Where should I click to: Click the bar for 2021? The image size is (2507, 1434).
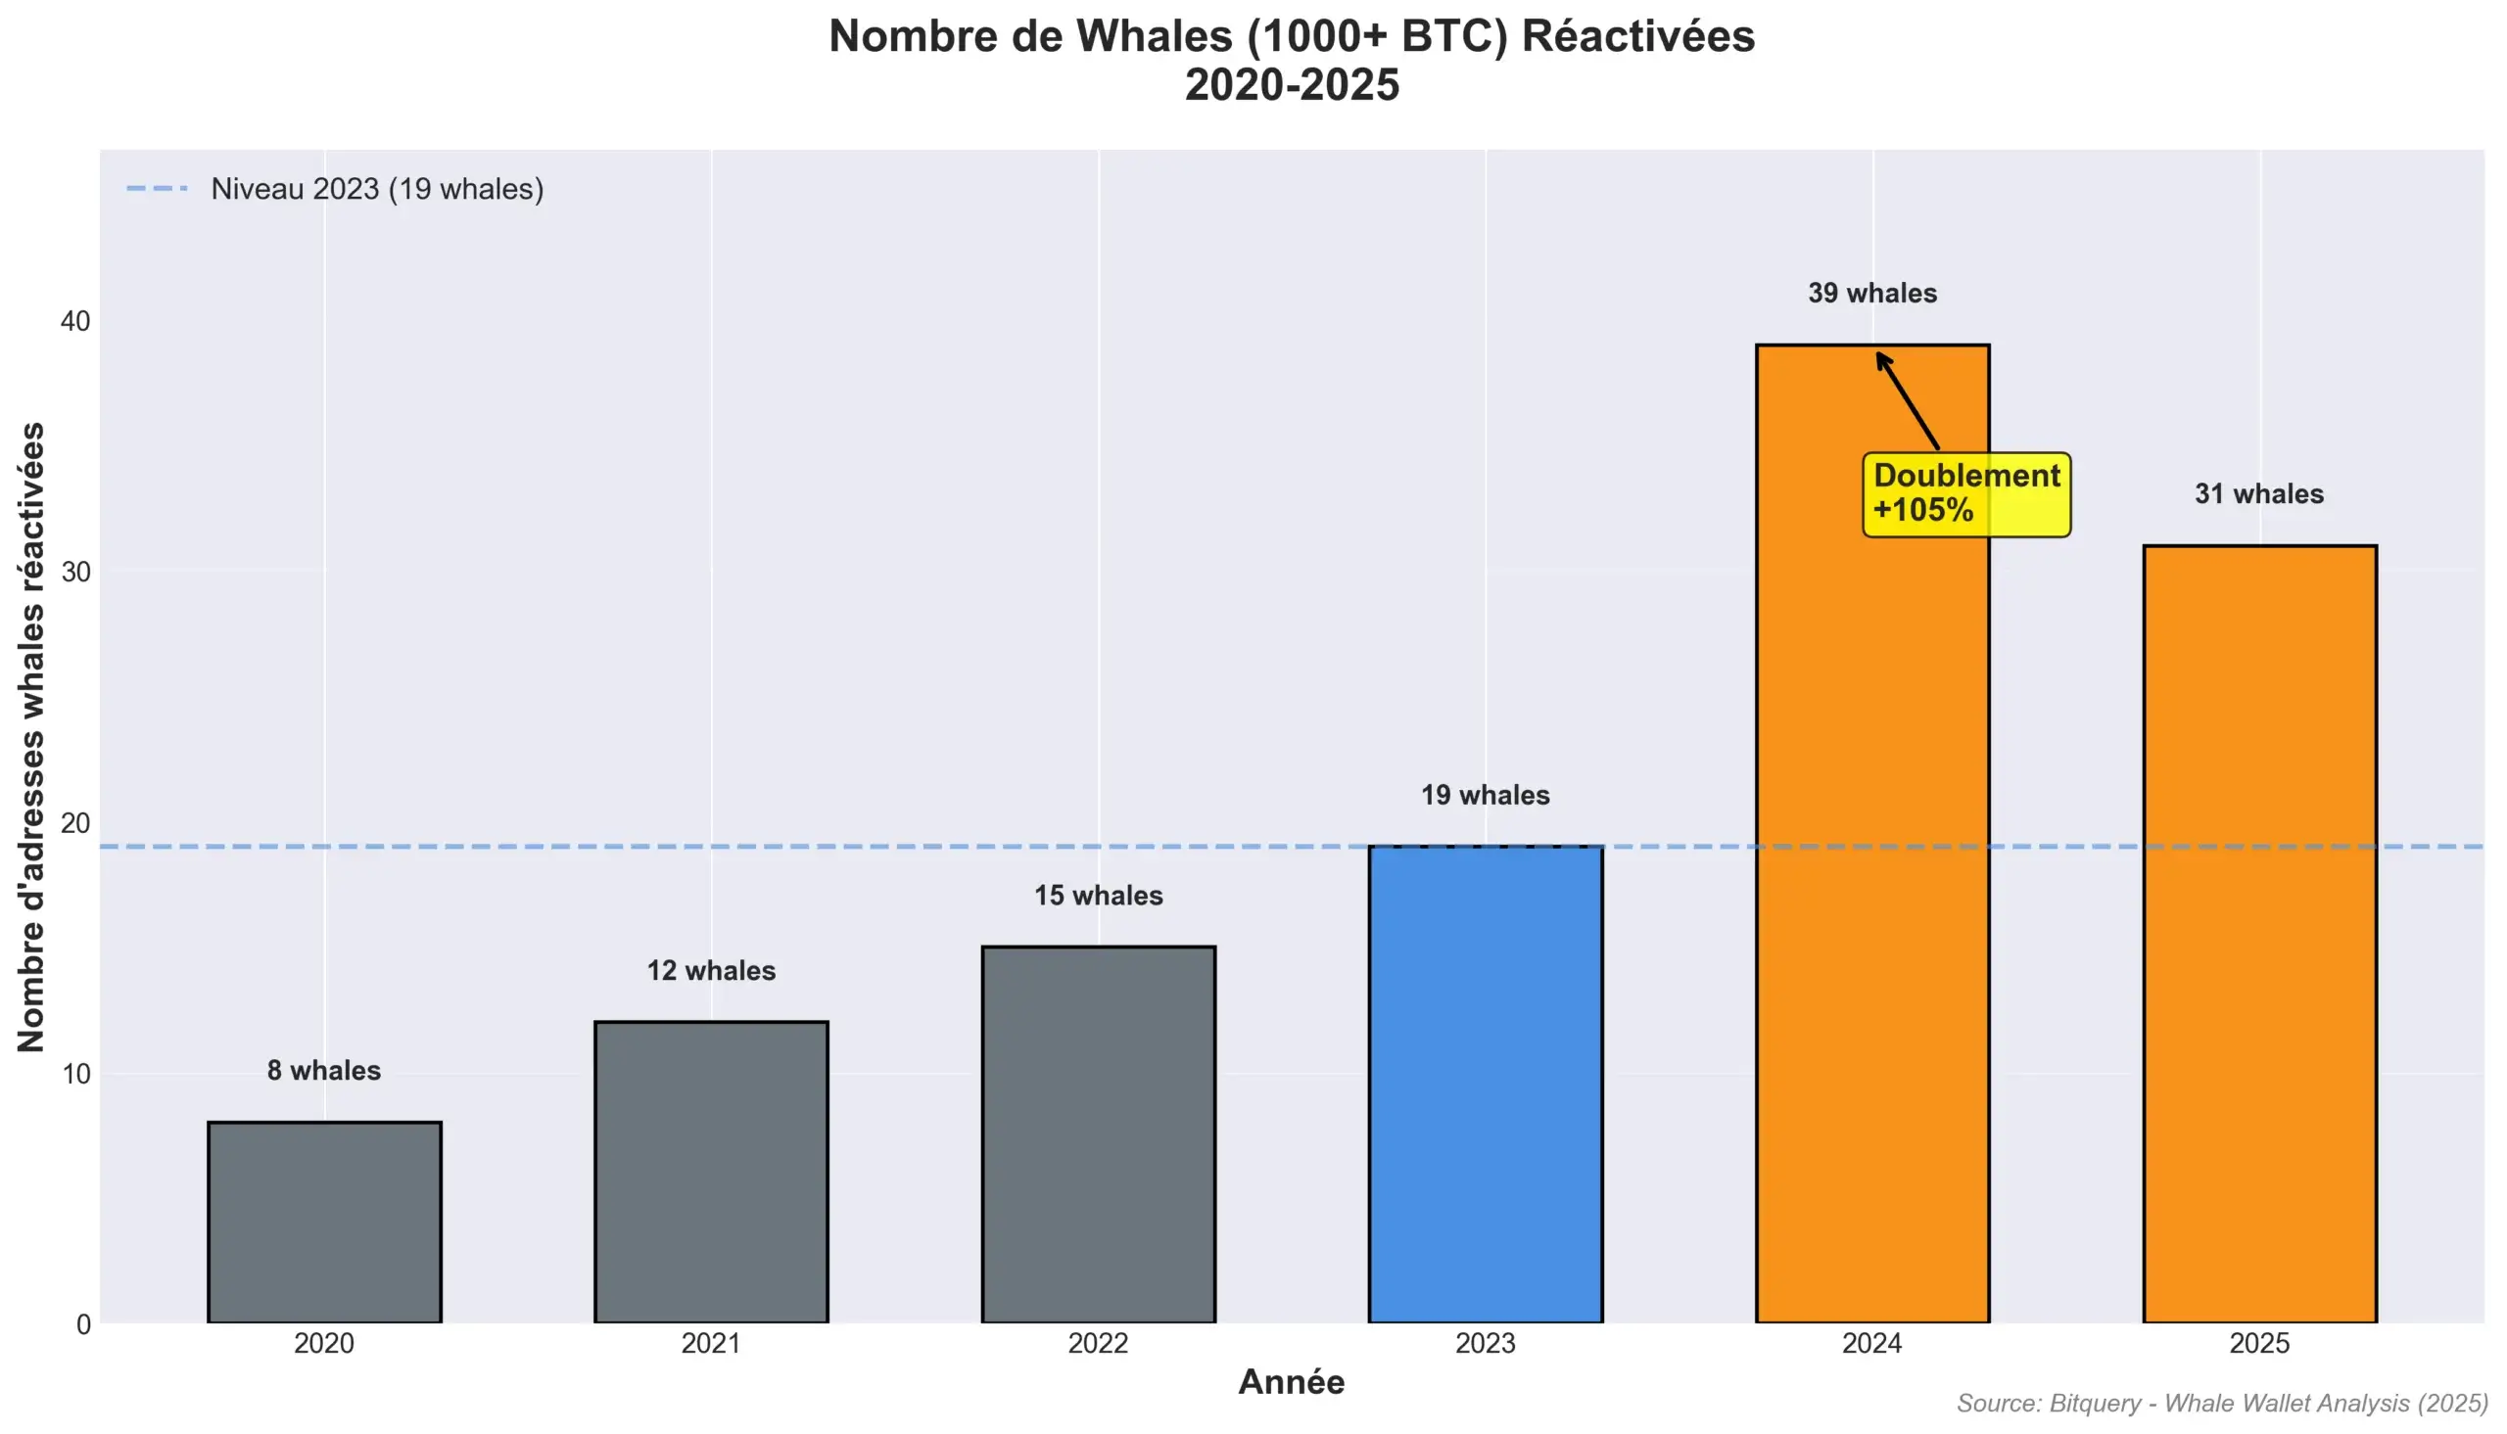[x=711, y=1172]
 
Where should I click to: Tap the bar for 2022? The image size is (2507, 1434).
[x=1099, y=1134]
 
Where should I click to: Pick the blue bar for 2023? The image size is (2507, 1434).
[x=1486, y=1084]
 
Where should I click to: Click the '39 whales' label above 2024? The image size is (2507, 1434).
[x=1871, y=294]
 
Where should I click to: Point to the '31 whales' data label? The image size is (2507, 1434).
[x=2259, y=494]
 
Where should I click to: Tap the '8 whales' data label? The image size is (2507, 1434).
[x=324, y=1071]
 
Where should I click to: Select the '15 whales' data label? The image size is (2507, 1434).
[x=1099, y=896]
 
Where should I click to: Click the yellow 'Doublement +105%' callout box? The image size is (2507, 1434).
[x=1966, y=494]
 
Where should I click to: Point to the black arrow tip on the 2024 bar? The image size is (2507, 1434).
[x=1878, y=355]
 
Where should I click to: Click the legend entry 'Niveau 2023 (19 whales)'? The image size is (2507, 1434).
[x=376, y=189]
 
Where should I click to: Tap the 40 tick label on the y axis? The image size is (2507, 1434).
[x=74, y=321]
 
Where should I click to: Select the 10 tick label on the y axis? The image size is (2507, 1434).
[x=74, y=1074]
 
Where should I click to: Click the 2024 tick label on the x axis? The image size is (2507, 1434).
[x=1871, y=1343]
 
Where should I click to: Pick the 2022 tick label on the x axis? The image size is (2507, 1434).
[x=1099, y=1343]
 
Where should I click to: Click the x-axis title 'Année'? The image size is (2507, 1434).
[x=1292, y=1383]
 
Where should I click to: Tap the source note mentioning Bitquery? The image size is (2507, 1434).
[x=2222, y=1404]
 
